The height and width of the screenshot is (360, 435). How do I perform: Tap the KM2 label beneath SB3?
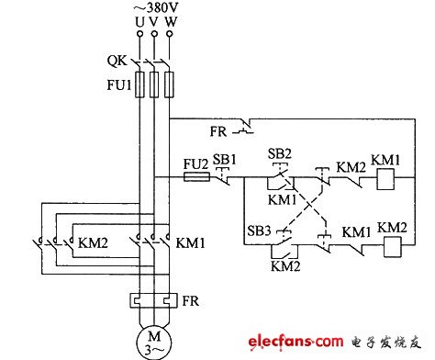(284, 265)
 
